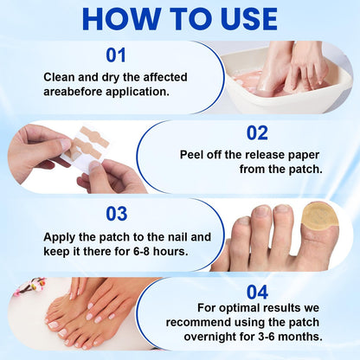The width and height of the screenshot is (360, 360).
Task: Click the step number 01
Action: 116,55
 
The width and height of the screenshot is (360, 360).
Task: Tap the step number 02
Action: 257,133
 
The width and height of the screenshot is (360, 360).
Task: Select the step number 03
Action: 117,214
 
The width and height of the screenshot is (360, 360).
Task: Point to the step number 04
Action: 257,292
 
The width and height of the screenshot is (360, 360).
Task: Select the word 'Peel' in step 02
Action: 190,155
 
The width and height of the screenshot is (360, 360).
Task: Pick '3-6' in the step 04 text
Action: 267,337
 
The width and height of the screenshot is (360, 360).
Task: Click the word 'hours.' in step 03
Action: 170,251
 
